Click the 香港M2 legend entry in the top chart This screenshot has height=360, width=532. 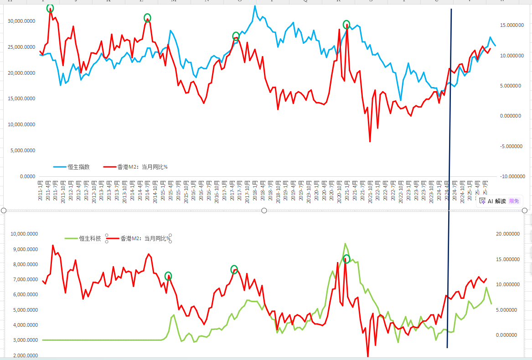(142, 167)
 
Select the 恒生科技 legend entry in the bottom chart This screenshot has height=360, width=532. (90, 238)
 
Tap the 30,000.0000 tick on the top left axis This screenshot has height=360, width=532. (22, 21)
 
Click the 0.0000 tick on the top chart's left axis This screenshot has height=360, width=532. (29, 176)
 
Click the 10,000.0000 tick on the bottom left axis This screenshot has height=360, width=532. (26, 234)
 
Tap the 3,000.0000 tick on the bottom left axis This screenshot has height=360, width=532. (26, 340)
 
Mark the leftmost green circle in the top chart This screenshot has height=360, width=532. (50, 8)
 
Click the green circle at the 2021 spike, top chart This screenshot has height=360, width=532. (346, 24)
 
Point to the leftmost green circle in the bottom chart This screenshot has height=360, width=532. (168, 276)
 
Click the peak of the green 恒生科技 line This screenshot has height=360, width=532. (345, 244)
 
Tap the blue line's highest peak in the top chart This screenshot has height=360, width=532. (255, 6)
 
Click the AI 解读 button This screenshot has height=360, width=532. (496, 201)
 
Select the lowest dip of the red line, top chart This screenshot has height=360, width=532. (370, 142)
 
